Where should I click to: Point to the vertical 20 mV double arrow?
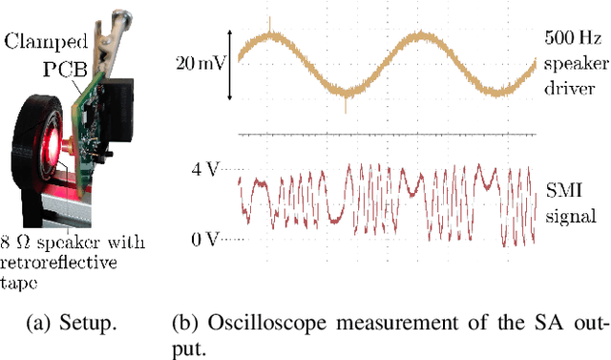coord(230,65)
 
